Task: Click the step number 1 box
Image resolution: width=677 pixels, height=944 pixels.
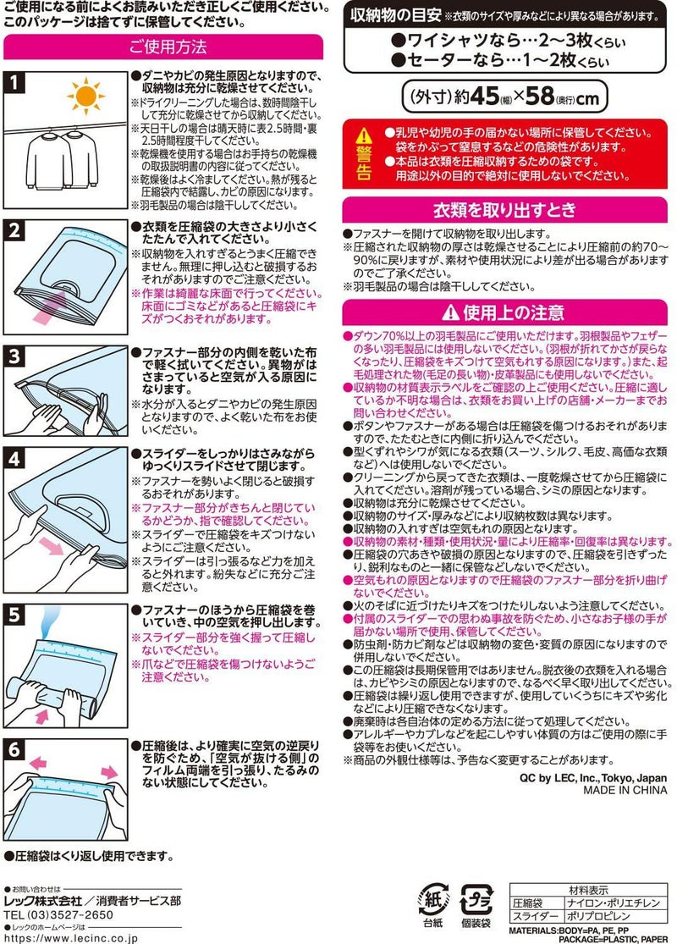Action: coord(18,82)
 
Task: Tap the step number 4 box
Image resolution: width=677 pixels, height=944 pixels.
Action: coord(18,460)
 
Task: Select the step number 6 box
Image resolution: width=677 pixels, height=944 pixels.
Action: coord(18,750)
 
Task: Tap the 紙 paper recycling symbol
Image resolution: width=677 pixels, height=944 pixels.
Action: coord(432,898)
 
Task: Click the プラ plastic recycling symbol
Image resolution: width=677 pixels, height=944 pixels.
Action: coord(476,898)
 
